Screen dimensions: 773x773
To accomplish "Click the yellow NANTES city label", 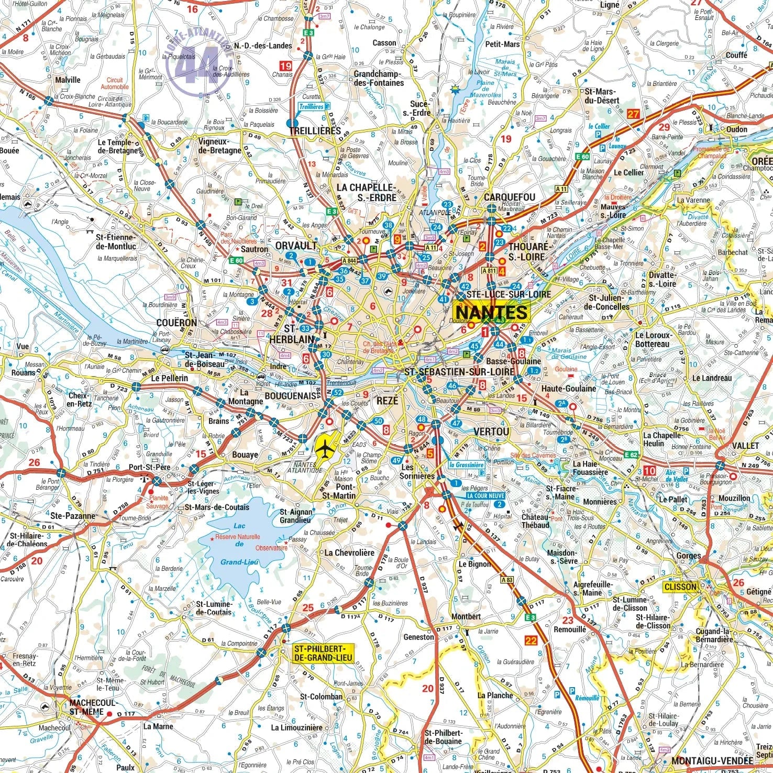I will [491, 313].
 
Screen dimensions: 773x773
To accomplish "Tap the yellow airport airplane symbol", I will [326, 448].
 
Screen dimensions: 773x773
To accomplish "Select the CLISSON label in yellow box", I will [680, 587].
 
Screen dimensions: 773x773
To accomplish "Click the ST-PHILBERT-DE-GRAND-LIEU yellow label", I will [323, 653].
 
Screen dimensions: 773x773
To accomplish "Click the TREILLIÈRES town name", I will [315, 131].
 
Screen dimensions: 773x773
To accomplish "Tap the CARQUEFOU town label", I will [509, 197].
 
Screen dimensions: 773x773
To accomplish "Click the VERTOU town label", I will [491, 432].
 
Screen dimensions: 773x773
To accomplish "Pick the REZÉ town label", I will [388, 401].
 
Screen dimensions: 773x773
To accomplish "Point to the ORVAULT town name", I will [296, 246].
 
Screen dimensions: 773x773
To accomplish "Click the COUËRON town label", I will [176, 323].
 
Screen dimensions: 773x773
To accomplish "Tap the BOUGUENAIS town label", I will [291, 396].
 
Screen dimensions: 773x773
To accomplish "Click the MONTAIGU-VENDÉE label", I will [712, 760].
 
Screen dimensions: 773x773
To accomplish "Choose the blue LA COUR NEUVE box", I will [485, 495].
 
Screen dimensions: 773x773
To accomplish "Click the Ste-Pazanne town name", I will [73, 516].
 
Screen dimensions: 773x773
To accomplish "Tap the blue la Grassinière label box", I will [466, 465].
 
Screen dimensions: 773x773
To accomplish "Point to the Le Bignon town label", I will [475, 564].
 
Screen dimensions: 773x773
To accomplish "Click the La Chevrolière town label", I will [349, 553].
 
